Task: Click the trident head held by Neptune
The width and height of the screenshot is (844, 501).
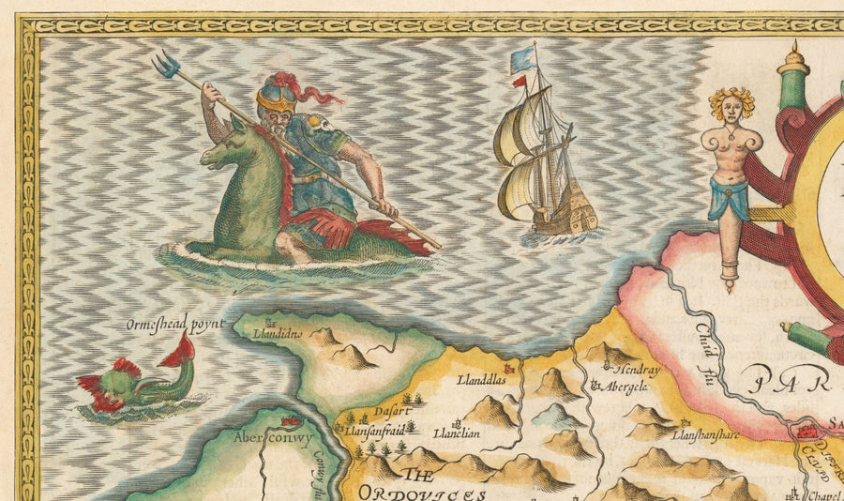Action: point(167,64)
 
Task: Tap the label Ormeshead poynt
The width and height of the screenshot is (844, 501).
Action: point(175,326)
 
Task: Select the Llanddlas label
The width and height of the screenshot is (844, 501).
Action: point(481,381)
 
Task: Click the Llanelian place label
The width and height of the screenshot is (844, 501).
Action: point(457,433)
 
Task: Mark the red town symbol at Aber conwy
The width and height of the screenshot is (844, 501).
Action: point(292,422)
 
